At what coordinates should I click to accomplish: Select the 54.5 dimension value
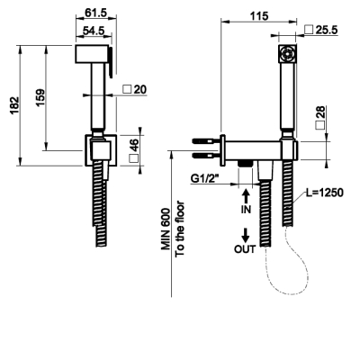tap(94, 31)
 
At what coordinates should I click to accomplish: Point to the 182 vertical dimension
tap(14, 105)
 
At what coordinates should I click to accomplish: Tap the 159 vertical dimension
tap(40, 96)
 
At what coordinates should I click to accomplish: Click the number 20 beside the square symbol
tap(140, 89)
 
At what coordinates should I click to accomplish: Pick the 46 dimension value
tap(135, 145)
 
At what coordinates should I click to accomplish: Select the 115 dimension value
tap(259, 16)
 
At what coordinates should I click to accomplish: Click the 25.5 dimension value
tap(327, 30)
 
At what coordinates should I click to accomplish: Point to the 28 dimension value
tap(320, 112)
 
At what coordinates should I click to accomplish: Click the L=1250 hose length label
tap(325, 193)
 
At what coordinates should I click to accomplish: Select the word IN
tap(246, 210)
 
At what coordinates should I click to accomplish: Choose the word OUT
tap(245, 249)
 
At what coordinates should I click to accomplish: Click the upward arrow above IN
tap(246, 196)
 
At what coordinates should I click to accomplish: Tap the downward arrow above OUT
tap(246, 236)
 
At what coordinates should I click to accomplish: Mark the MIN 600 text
tap(166, 229)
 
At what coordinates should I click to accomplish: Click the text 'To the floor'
tap(180, 229)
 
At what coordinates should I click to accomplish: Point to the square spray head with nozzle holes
tap(287, 54)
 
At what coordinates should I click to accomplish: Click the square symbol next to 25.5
tap(309, 30)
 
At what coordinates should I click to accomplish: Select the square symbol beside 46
tap(134, 158)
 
